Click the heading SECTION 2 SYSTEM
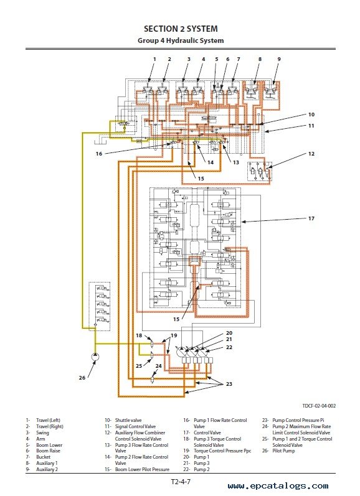click(181, 29)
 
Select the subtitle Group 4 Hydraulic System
click(181, 40)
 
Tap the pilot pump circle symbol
click(95, 357)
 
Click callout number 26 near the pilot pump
click(82, 377)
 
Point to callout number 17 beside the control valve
click(311, 218)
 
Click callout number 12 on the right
click(311, 154)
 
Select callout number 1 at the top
click(155, 59)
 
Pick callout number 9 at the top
click(279, 59)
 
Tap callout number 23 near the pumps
click(229, 384)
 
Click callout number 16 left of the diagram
click(99, 154)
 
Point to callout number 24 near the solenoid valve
click(158, 366)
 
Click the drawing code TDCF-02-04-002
click(319, 406)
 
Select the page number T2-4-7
click(181, 482)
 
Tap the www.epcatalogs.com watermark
click(278, 486)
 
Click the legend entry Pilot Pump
click(283, 451)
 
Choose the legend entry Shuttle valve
click(128, 421)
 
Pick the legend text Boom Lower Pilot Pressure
click(142, 469)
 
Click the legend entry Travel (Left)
click(48, 421)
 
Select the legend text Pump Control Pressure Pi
click(298, 421)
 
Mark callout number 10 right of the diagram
click(311, 115)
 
